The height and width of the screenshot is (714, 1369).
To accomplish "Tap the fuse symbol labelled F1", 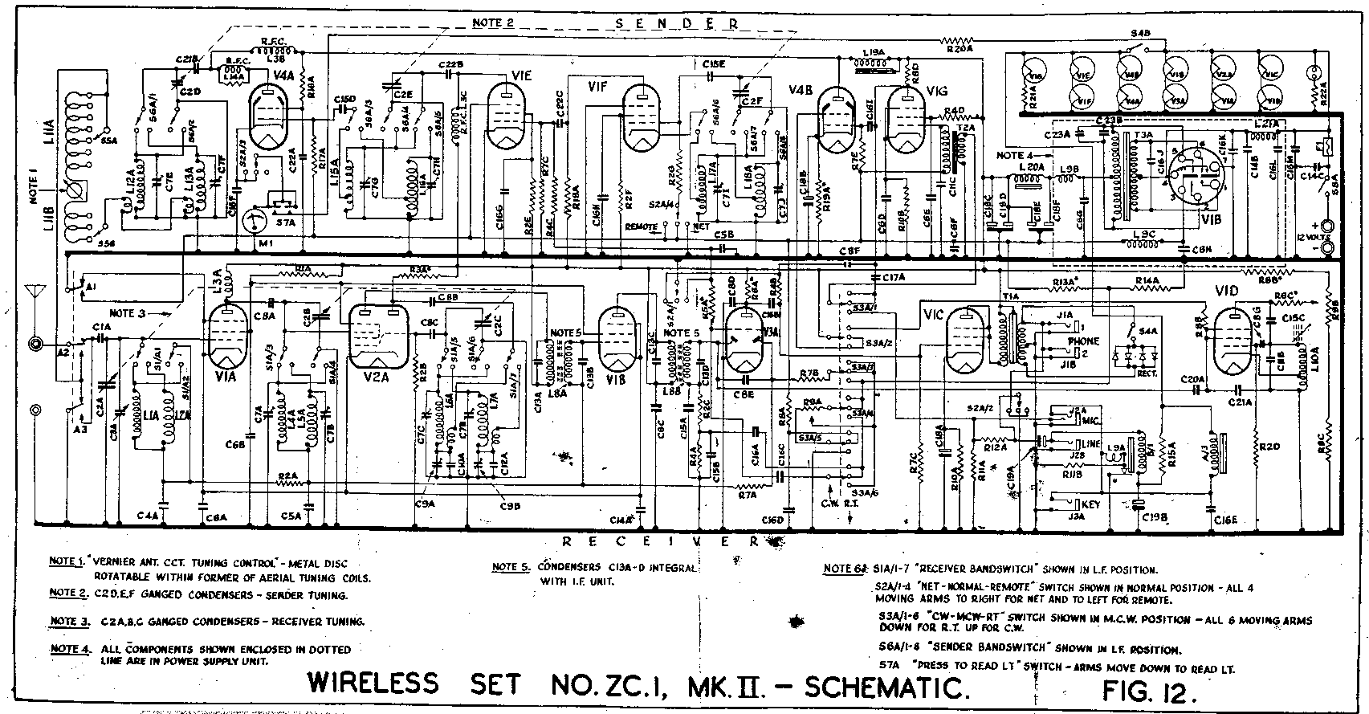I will point(1327,147).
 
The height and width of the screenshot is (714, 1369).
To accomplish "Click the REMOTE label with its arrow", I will point(642,227).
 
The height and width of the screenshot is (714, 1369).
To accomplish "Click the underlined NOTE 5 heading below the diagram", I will point(509,567).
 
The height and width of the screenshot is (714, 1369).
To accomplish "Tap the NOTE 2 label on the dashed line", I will point(492,22).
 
